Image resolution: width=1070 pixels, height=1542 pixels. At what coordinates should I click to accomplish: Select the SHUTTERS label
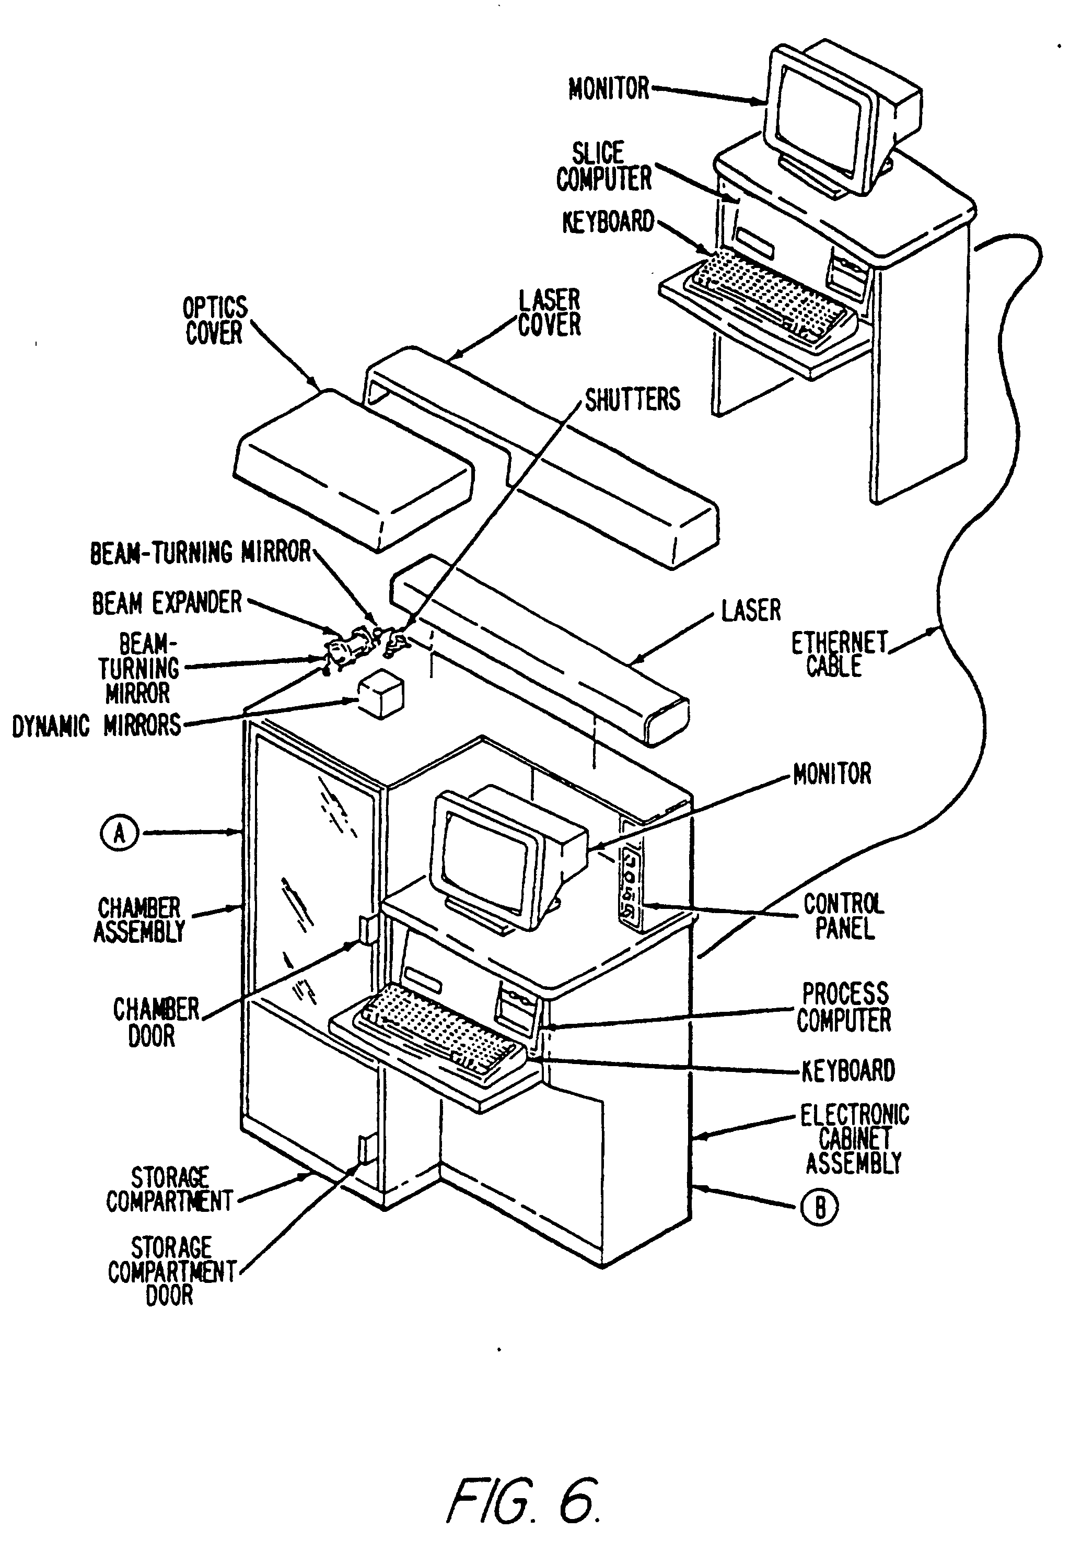[632, 400]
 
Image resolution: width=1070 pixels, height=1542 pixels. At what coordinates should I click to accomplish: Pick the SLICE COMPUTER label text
[603, 166]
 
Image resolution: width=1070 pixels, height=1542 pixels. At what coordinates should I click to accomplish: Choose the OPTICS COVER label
[215, 320]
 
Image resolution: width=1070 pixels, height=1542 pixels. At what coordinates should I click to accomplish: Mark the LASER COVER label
[549, 313]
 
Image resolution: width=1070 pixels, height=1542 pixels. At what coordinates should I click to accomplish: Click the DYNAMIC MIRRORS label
[97, 726]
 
